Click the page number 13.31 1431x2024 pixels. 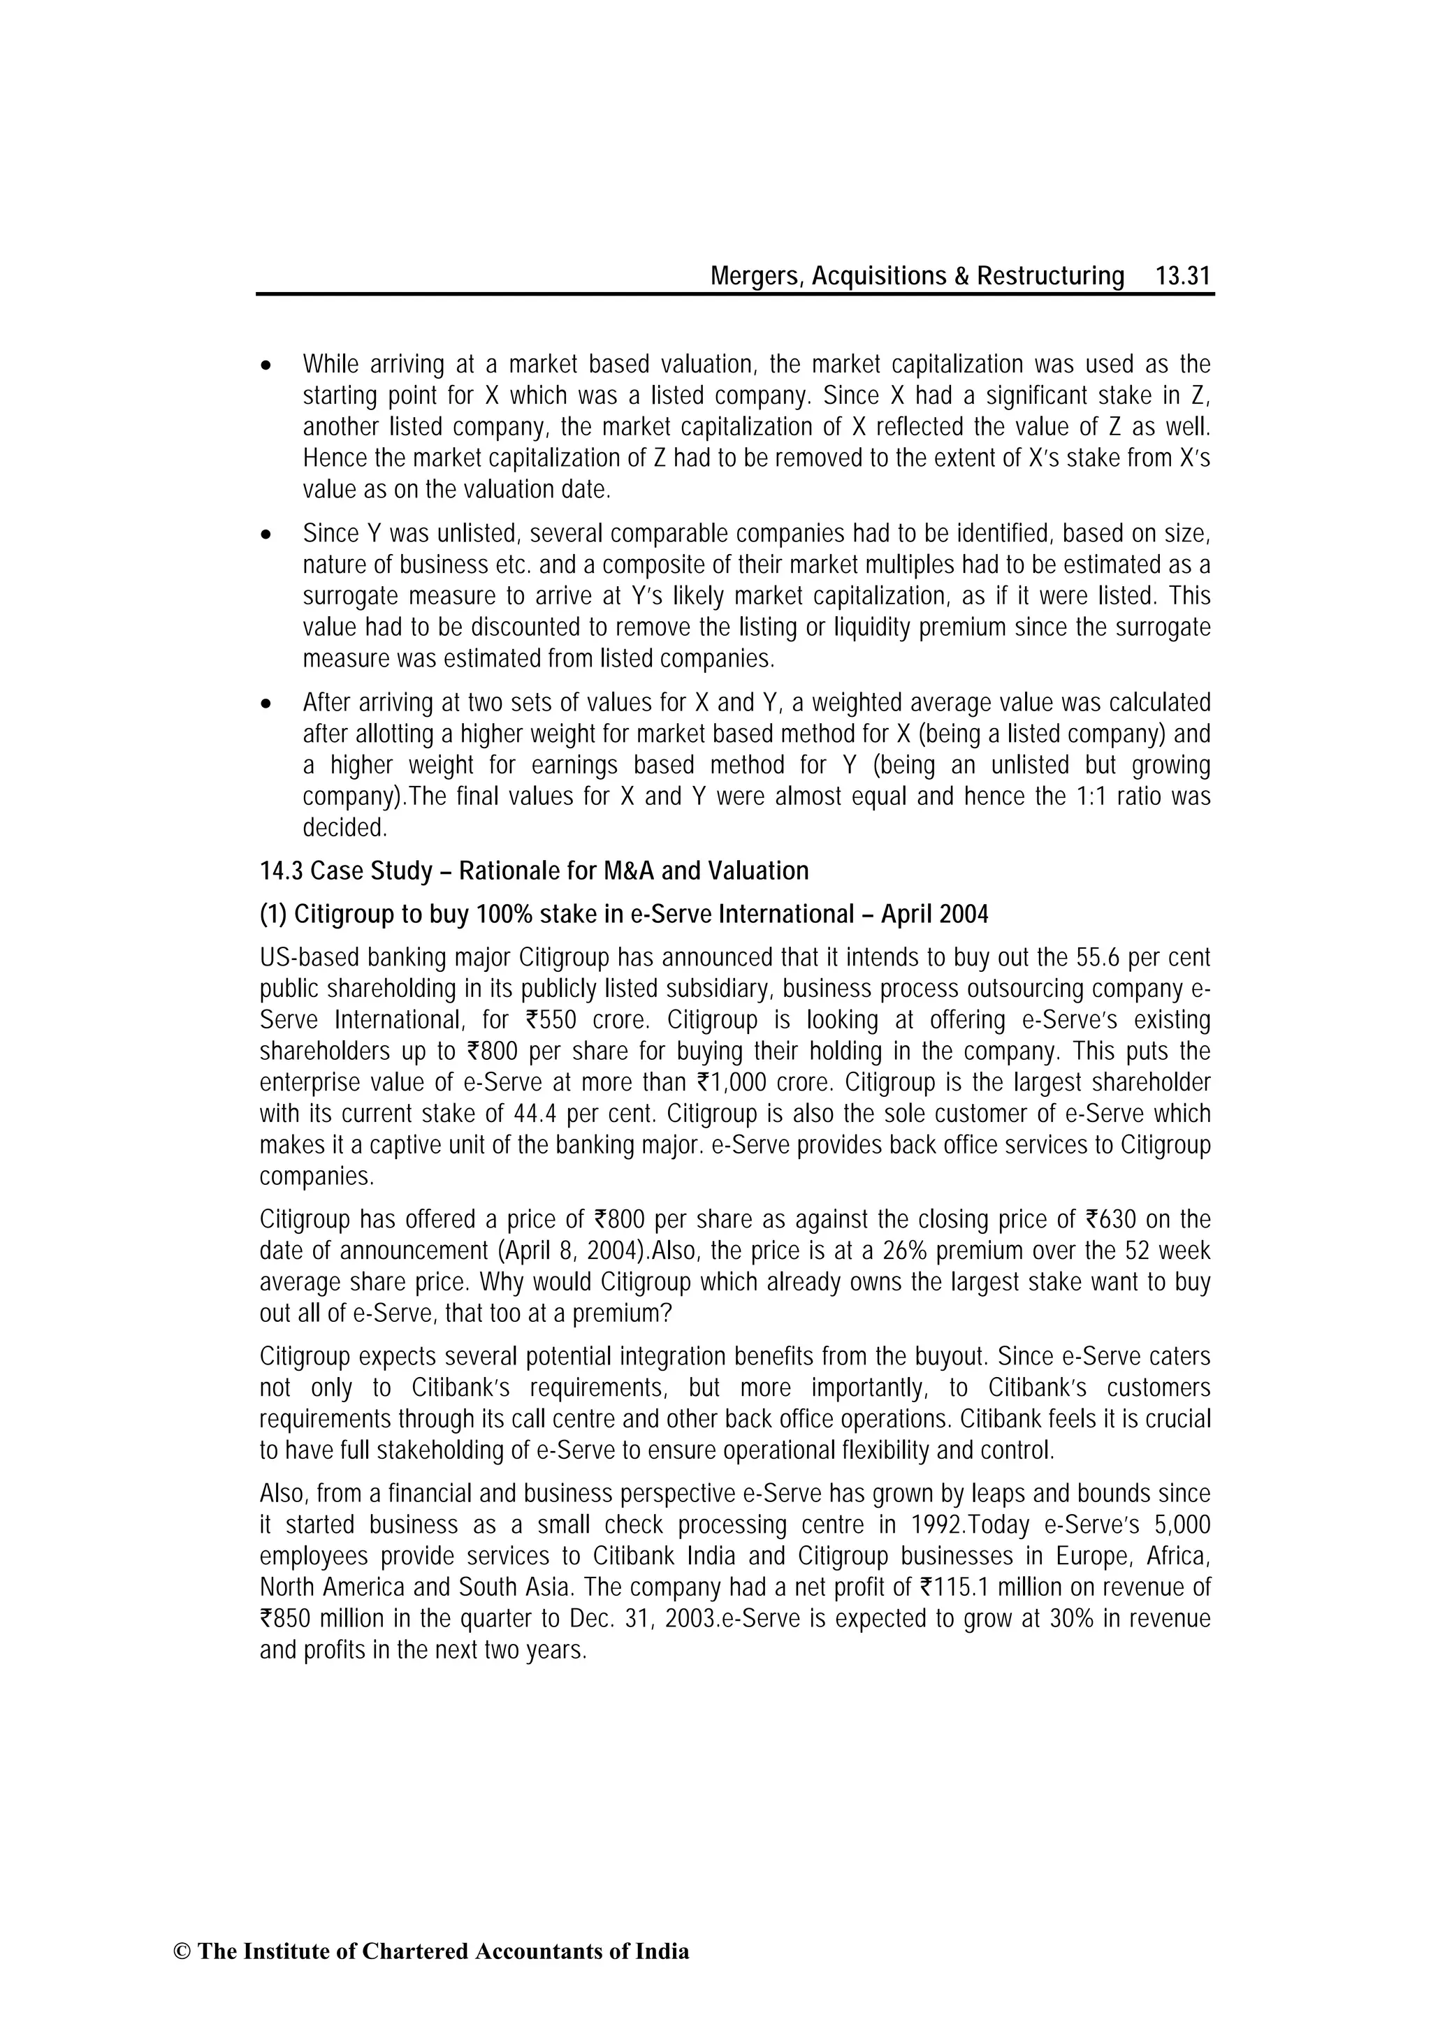coord(1183,277)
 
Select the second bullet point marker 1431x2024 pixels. coord(266,535)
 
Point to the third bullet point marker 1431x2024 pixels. coord(266,704)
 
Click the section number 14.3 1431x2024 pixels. coord(280,872)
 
